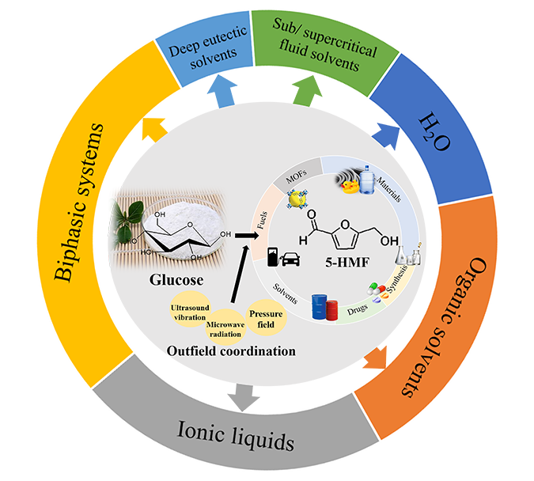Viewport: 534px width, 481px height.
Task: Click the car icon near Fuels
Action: tap(290, 257)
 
